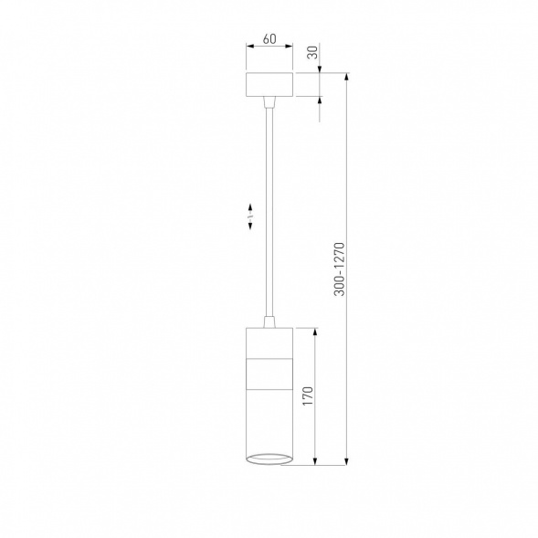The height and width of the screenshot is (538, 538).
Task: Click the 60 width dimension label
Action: click(269, 39)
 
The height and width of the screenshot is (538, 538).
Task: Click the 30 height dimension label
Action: click(312, 52)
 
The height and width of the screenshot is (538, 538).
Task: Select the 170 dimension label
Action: click(308, 396)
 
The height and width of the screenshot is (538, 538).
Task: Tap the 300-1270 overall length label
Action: click(340, 269)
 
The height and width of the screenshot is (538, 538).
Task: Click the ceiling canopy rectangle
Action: click(269, 84)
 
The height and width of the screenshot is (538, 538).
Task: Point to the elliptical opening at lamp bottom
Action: click(269, 459)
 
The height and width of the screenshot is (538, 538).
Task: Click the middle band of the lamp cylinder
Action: click(269, 374)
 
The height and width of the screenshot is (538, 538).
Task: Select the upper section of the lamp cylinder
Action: click(269, 343)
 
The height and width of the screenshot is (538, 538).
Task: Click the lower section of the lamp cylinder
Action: click(269, 422)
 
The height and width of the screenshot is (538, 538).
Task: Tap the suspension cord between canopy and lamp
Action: click(269, 212)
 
